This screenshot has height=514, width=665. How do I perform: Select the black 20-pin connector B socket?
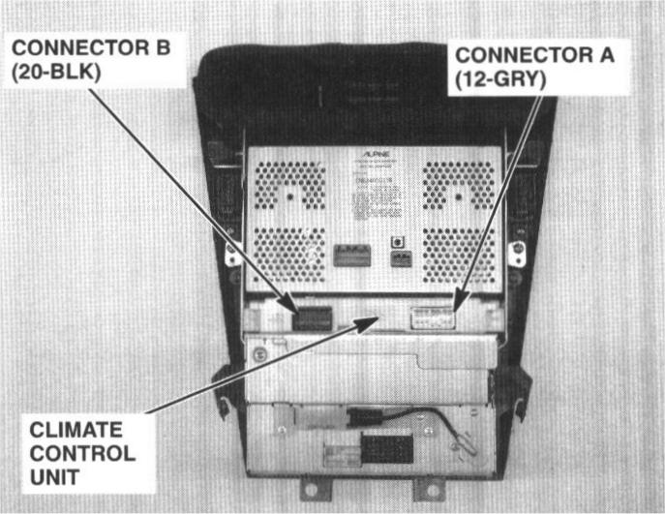point(313,317)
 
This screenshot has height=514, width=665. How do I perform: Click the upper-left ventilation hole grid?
point(289,185)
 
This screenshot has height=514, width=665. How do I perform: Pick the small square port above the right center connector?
point(394,242)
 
